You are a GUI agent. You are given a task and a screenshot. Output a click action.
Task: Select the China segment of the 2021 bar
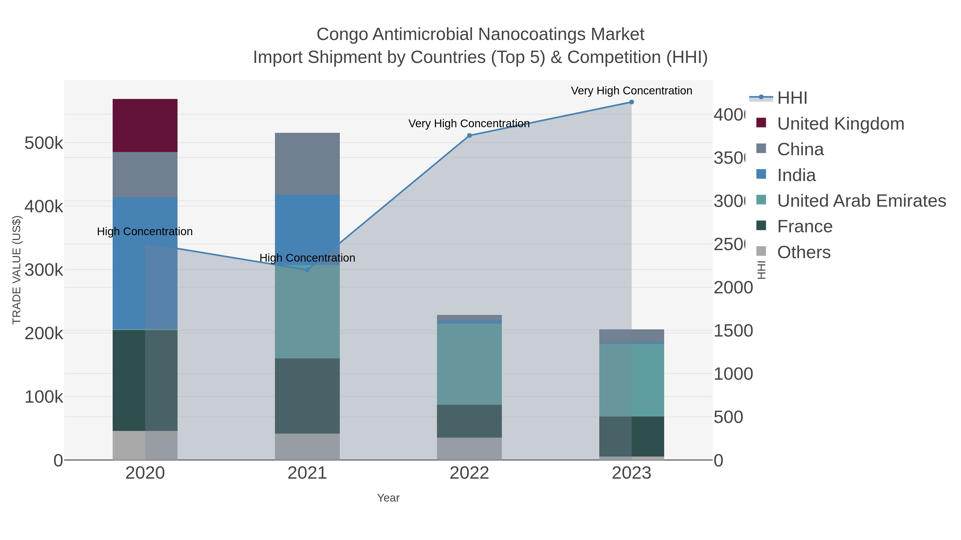pos(307,164)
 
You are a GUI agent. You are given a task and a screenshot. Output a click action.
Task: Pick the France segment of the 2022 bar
pos(469,421)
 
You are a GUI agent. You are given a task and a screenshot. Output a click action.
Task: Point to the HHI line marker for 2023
pos(631,102)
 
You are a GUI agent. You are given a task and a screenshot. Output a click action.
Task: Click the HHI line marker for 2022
pos(469,136)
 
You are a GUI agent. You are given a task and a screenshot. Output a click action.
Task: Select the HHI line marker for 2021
pos(307,270)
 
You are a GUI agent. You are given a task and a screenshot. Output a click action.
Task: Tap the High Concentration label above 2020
pos(145,231)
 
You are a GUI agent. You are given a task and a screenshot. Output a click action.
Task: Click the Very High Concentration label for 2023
pos(631,91)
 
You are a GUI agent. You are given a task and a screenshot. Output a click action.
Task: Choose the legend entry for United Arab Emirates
pos(861,201)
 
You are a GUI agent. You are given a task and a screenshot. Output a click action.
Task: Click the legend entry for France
pos(804,227)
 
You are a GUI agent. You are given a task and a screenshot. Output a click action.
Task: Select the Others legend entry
pos(804,252)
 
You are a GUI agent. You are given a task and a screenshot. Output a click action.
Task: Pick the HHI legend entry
pos(792,98)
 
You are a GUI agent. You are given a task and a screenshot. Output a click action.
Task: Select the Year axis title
pos(388,498)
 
